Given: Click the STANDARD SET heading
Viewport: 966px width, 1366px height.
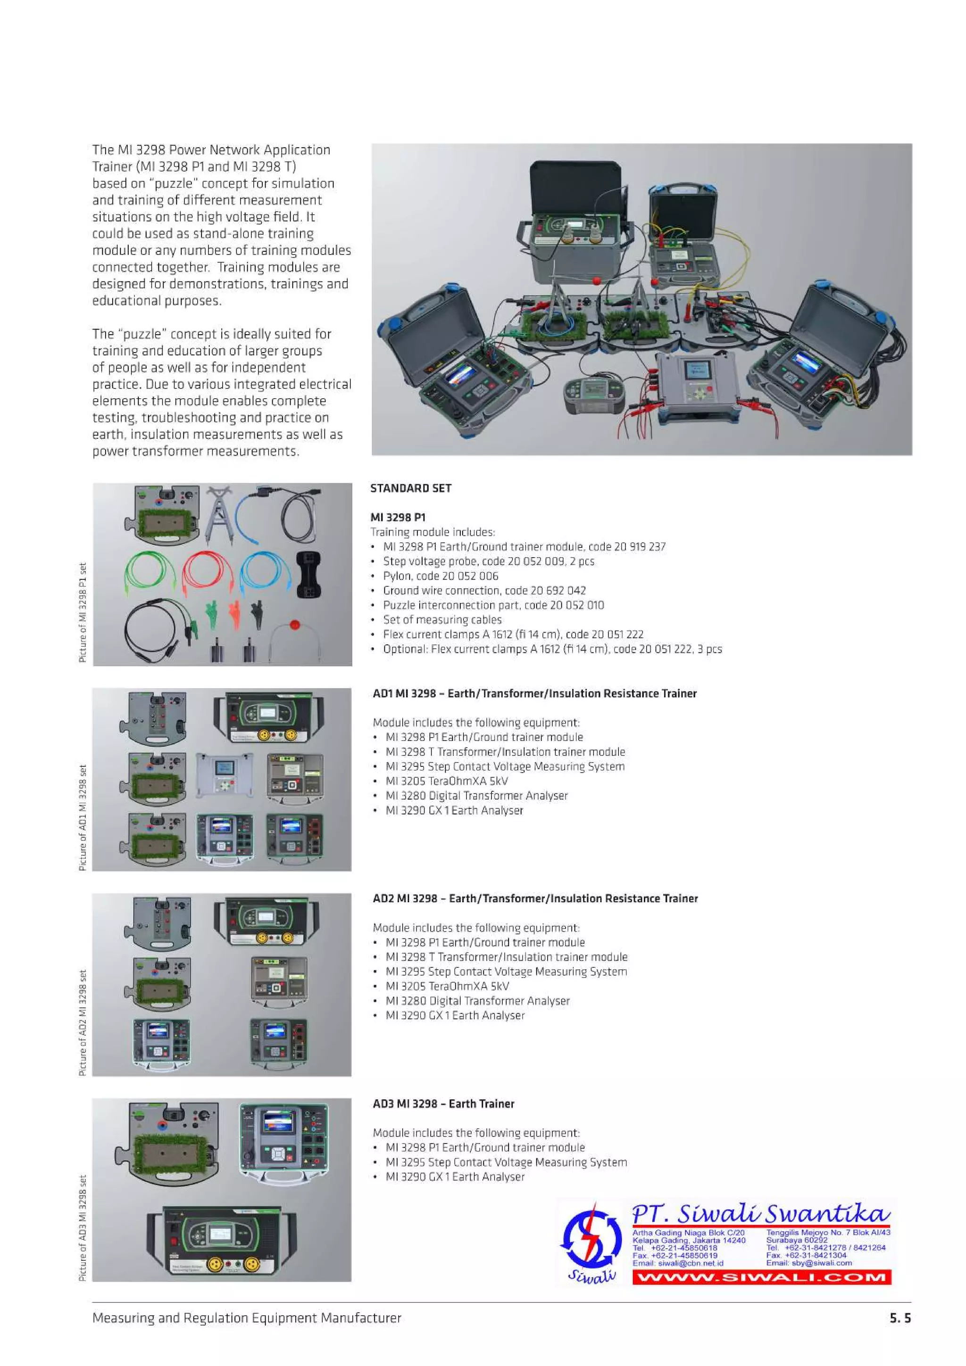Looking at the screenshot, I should pyautogui.click(x=411, y=488).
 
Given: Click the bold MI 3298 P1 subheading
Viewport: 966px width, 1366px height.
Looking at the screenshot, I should pyautogui.click(x=398, y=518).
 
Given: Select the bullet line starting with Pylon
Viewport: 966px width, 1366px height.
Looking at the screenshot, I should pyautogui.click(x=441, y=576).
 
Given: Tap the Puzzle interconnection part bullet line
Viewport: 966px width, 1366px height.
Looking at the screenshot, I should pyautogui.click(x=493, y=605).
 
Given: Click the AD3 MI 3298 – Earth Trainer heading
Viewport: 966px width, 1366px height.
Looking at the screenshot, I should pyautogui.click(x=443, y=1103).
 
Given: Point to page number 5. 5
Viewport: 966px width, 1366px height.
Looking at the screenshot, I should pyautogui.click(x=900, y=1318).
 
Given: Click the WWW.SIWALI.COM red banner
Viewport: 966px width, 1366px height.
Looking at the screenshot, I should pyautogui.click(x=761, y=1277).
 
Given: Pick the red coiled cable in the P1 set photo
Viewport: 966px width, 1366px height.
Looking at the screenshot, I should pyautogui.click(x=207, y=574).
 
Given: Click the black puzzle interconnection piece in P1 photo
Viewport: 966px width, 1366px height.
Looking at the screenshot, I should pyautogui.click(x=309, y=574).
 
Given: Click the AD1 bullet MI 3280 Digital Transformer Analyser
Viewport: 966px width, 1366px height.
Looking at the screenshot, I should pyautogui.click(x=476, y=796).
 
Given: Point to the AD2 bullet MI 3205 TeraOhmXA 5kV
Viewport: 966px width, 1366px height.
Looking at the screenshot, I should pyautogui.click(x=447, y=986).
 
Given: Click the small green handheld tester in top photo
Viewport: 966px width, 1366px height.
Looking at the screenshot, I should pyautogui.click(x=592, y=395).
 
